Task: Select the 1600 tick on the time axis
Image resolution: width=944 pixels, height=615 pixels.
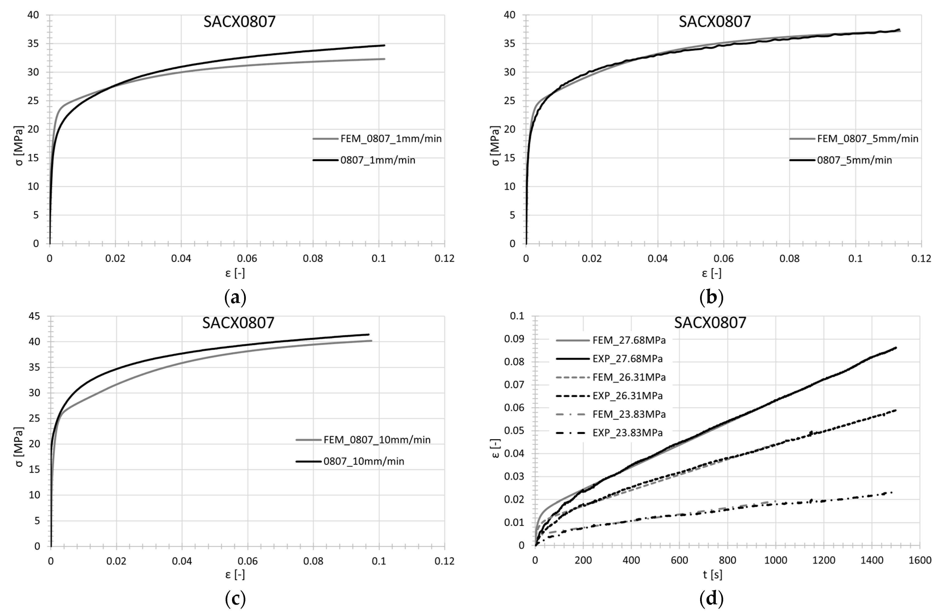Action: [920, 561]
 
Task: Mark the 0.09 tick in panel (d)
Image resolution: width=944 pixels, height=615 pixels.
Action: [515, 339]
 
